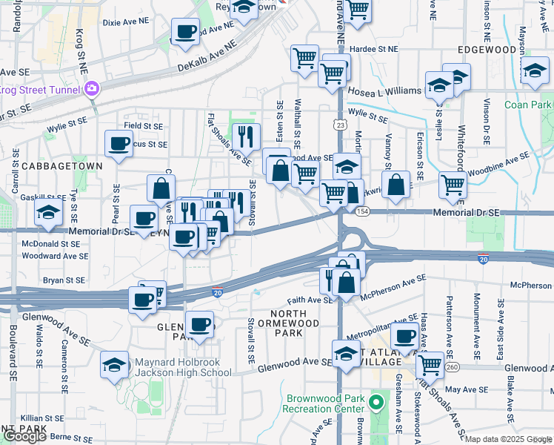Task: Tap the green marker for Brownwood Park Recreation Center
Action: [376, 403]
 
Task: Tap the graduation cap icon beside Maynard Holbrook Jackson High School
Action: [114, 365]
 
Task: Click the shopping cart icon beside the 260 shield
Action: [430, 364]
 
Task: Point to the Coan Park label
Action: [528, 105]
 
